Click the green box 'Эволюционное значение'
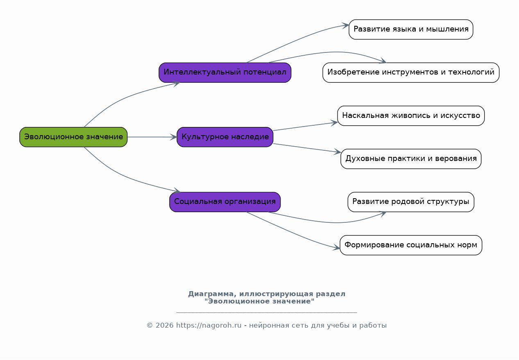pyautogui.click(x=73, y=137)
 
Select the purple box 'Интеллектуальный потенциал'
pyautogui.click(x=225, y=72)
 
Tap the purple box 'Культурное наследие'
pyautogui.click(x=225, y=137)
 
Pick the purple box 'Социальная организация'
pyautogui.click(x=225, y=202)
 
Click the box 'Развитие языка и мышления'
pyautogui.click(x=411, y=29)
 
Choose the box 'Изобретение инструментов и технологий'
pyautogui.click(x=411, y=72)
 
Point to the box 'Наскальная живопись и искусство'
pyautogui.click(x=411, y=115)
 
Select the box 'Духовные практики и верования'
pyautogui.click(x=411, y=158)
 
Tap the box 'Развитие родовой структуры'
pyautogui.click(x=411, y=202)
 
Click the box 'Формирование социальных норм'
pyautogui.click(x=411, y=245)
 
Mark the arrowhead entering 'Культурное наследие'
pyautogui.click(x=174, y=137)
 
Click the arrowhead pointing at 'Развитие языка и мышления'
pyautogui.click(x=345, y=25)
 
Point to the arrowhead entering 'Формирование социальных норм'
pyautogui.click(x=336, y=247)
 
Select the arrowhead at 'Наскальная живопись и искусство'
pyautogui.click(x=334, y=123)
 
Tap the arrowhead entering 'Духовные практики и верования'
pyautogui.click(x=338, y=152)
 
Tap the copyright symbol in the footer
pyautogui.click(x=150, y=326)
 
